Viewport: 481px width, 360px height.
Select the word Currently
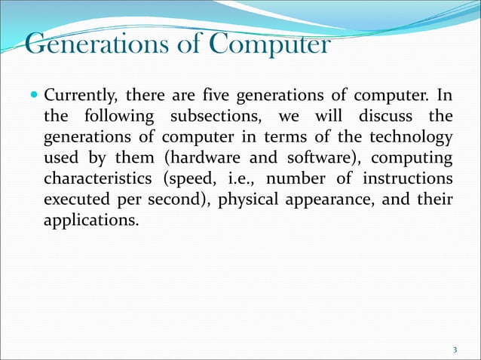[79, 98]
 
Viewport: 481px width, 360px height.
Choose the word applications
[90, 222]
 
